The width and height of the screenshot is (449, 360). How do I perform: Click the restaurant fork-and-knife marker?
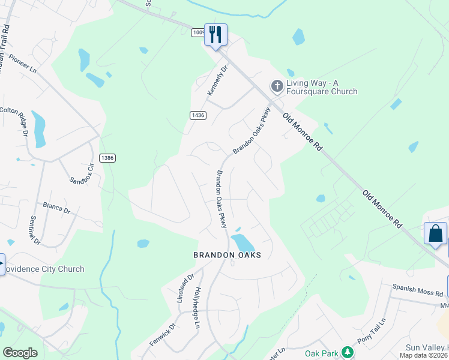215,34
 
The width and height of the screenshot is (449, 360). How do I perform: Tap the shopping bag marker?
435,233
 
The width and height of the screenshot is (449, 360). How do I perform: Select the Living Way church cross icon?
277,86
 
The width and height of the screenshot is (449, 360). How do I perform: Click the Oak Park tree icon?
346,352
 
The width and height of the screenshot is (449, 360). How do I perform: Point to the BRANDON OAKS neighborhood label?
227,255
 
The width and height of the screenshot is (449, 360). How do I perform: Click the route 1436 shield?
197,115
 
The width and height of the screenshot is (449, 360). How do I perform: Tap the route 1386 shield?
107,158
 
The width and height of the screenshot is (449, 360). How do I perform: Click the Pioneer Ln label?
23,68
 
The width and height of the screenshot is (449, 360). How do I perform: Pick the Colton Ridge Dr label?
14,121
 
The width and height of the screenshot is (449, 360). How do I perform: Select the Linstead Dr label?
186,287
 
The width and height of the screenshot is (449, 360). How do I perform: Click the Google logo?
20,353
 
